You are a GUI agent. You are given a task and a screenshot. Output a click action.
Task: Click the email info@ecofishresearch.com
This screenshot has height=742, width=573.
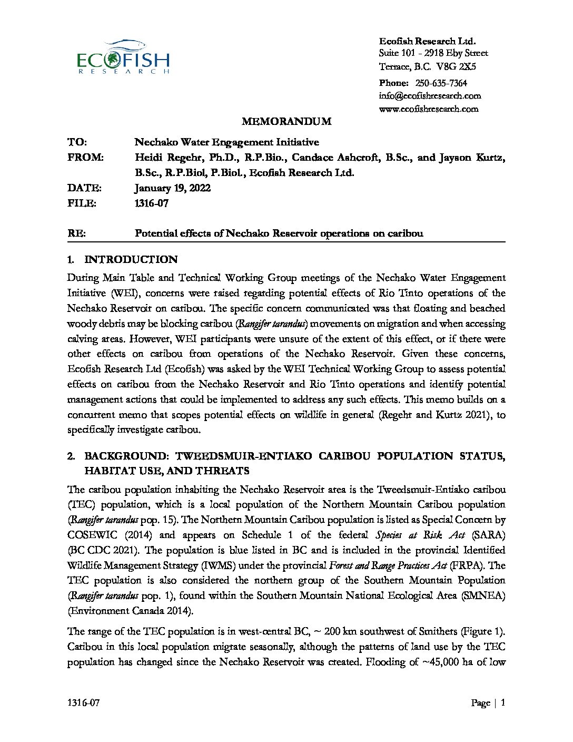click(x=430, y=96)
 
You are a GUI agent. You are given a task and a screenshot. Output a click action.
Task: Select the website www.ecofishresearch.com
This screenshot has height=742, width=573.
click(x=429, y=109)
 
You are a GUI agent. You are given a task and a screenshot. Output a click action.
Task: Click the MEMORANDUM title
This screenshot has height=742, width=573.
click(x=286, y=122)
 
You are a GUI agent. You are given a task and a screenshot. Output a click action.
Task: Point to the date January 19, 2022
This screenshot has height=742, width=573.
click(x=173, y=188)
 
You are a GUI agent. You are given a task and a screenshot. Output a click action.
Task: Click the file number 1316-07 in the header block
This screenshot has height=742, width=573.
click(x=152, y=203)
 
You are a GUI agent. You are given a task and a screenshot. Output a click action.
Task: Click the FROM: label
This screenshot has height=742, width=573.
click(x=85, y=158)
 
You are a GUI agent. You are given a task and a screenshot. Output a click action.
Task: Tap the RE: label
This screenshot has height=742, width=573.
click(x=77, y=233)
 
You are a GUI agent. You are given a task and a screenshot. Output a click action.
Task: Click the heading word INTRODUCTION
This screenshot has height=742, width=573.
click(x=131, y=259)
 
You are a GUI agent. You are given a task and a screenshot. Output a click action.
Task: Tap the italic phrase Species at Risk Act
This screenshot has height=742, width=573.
click(x=420, y=535)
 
